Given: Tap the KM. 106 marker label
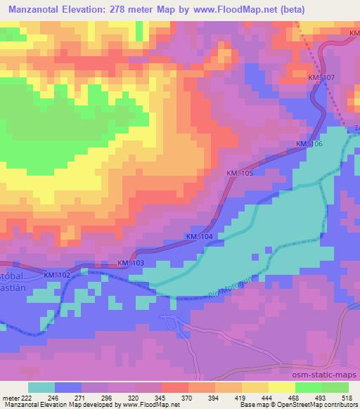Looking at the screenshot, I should pos(309,144).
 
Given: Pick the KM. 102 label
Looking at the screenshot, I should pos(58,275).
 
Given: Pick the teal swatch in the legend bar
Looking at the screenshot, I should pos(43,387).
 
